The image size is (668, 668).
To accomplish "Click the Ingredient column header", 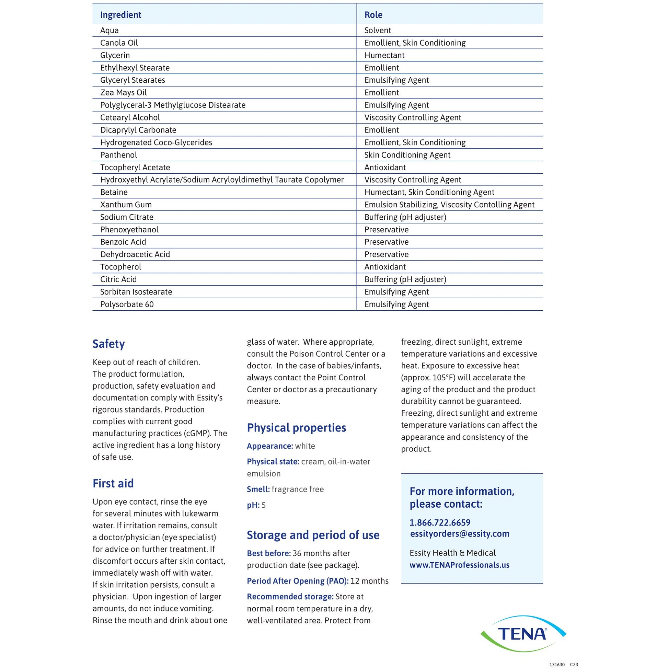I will [121, 15].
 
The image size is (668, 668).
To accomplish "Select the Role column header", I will [373, 15].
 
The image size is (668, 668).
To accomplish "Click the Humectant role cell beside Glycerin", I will [384, 55].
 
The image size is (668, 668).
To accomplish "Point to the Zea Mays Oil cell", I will [124, 93].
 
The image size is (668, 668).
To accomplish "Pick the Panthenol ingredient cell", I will [118, 155].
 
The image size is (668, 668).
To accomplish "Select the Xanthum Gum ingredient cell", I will [126, 205].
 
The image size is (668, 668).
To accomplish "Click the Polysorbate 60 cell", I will [127, 304].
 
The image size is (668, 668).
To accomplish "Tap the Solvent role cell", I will [378, 31].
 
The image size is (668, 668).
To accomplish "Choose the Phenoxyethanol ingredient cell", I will [129, 230].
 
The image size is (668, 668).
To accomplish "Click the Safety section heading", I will [108, 344].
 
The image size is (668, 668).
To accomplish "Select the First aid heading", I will [113, 483].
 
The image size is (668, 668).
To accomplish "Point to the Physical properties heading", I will [296, 428].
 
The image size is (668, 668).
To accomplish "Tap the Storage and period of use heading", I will [313, 535].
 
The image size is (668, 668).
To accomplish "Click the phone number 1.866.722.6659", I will [440, 522].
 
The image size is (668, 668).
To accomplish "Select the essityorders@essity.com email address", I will [460, 533].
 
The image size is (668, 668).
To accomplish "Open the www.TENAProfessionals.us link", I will [459, 565].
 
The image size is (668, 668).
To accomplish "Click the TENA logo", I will [523, 633].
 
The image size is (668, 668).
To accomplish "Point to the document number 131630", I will [557, 664].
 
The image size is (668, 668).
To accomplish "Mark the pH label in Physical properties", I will [253, 505].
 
